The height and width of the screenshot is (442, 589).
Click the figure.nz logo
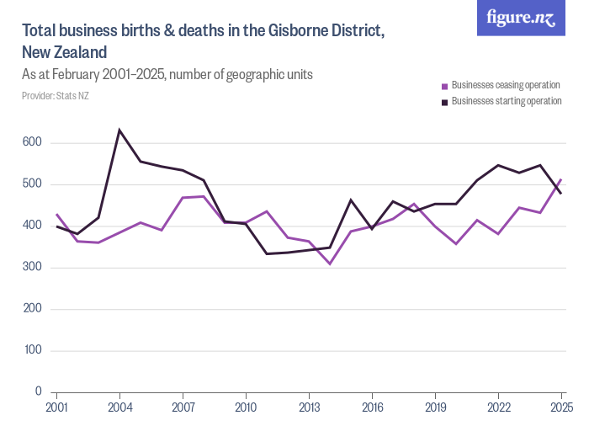[x=521, y=18]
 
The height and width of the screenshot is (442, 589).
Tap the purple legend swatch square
[x=445, y=86]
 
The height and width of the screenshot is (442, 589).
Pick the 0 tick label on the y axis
[x=38, y=391]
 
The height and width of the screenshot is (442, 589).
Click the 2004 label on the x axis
[x=119, y=407]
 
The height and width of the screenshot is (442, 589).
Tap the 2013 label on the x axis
[x=309, y=407]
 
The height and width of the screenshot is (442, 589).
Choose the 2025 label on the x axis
[x=561, y=407]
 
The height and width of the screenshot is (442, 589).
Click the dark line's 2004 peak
[x=119, y=130]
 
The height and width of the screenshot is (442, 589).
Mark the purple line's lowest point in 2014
[x=330, y=264]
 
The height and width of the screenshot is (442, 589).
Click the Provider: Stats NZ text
[x=56, y=96]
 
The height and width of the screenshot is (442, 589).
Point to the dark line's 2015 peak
[x=351, y=200]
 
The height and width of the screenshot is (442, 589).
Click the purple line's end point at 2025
[x=561, y=179]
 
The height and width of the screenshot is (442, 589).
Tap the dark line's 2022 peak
[x=498, y=165]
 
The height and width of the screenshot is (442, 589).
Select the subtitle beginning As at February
[x=167, y=74]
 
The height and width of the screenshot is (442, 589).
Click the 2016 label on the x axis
[x=372, y=407]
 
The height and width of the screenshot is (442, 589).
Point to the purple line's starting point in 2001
[x=56, y=214]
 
